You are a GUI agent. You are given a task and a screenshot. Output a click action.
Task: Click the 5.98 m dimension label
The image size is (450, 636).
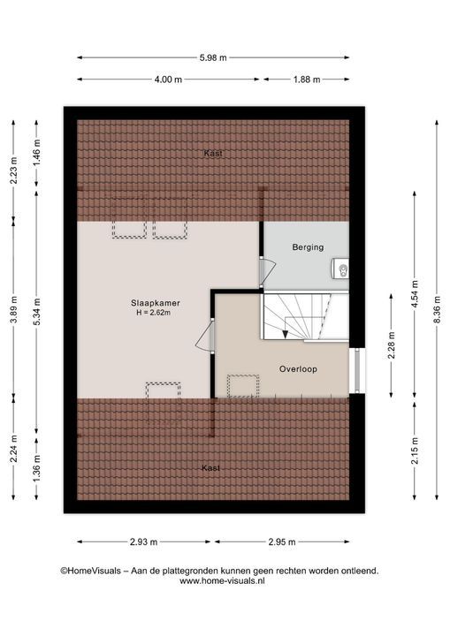[x=213, y=57]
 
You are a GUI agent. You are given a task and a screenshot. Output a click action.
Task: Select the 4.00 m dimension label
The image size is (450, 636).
[x=168, y=79]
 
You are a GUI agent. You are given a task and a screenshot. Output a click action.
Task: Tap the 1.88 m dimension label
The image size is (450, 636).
[x=307, y=79]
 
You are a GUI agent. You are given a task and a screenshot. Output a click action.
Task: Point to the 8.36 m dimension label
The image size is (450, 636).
[x=437, y=309]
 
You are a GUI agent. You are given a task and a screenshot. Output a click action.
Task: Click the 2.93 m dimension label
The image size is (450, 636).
[x=144, y=541]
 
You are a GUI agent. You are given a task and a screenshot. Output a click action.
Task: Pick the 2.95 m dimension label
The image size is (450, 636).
[x=282, y=541]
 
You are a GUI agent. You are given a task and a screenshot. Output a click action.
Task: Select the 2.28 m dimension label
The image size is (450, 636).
[x=391, y=345]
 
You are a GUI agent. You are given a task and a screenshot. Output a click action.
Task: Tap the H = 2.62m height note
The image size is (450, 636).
[x=153, y=313]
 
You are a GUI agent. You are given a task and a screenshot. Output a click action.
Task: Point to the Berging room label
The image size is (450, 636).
[x=308, y=247]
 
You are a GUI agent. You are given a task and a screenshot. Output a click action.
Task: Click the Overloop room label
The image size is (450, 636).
[x=298, y=369]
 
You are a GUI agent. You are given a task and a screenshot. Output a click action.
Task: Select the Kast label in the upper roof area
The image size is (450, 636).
[x=213, y=154]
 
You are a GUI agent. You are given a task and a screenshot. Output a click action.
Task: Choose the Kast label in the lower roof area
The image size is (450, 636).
[x=210, y=468]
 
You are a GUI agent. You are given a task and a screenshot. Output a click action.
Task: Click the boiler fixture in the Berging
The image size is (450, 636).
[x=341, y=269]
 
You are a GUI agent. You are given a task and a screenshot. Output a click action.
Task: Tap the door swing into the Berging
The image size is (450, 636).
[x=267, y=272]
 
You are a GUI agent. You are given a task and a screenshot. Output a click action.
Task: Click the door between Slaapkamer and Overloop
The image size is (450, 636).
[x=205, y=336]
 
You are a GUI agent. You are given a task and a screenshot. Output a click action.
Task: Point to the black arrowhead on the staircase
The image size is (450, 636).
[x=285, y=334]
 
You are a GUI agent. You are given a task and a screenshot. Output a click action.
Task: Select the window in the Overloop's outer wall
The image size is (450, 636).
[x=357, y=371]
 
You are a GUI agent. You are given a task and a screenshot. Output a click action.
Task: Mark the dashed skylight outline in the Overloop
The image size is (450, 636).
[x=243, y=386]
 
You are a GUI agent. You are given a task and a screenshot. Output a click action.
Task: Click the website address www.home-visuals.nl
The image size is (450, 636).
[x=222, y=581]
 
